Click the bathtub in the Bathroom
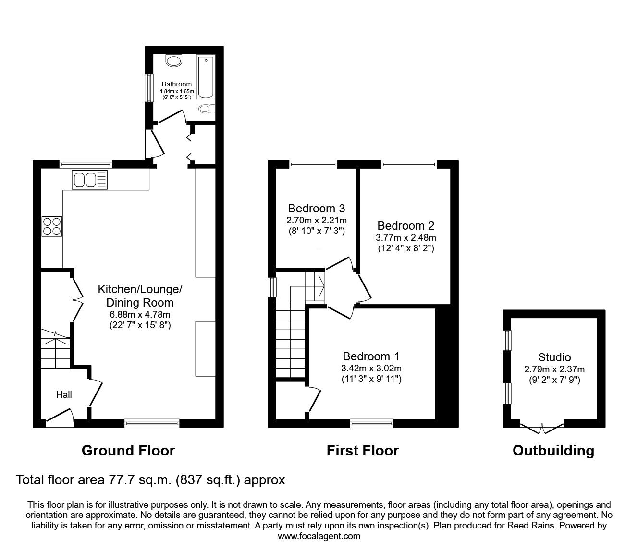[206, 77]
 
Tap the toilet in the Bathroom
[207, 109]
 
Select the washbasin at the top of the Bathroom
[174, 61]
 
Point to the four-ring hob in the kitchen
[52, 226]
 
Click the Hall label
[64, 394]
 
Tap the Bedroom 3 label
[317, 209]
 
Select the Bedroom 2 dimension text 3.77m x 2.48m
[405, 237]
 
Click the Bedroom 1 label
[371, 356]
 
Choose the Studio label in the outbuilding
[554, 357]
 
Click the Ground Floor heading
[128, 451]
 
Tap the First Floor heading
[363, 451]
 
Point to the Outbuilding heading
[553, 451]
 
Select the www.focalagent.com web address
[319, 536]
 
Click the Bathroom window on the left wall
[149, 88]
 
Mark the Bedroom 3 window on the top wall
[313, 164]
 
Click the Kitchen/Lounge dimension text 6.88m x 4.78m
[140, 314]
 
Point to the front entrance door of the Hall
[60, 416]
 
